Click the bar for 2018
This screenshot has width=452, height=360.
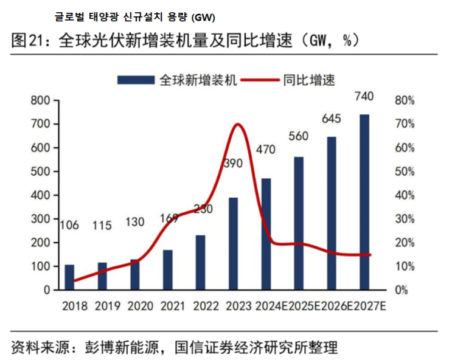click(69, 277)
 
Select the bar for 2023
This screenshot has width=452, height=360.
click(233, 243)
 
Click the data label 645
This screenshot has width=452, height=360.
click(332, 117)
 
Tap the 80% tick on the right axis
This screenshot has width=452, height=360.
click(404, 101)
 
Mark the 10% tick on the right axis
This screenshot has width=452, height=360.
click(404, 266)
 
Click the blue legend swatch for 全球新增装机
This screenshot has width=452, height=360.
click(136, 80)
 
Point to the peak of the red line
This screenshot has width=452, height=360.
click(238, 125)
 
